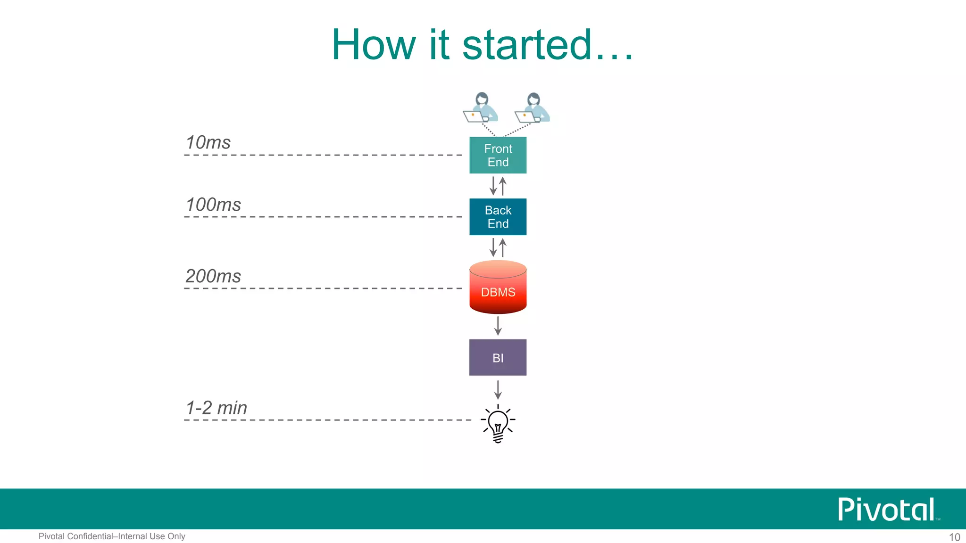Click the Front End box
[498, 155]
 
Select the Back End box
[498, 217]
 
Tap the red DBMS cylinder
[498, 288]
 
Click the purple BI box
[498, 357]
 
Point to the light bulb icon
[498, 423]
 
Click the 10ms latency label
[208, 142]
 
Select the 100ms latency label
[213, 205]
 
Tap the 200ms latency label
[213, 276]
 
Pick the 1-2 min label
[217, 408]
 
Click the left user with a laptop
[480, 108]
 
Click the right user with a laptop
[532, 108]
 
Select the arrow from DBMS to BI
[498, 326]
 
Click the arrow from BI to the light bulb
[498, 390]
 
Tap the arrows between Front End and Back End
[498, 186]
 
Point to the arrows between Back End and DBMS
[498, 247]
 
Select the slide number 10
[954, 537]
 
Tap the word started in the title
[527, 45]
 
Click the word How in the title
[373, 45]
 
